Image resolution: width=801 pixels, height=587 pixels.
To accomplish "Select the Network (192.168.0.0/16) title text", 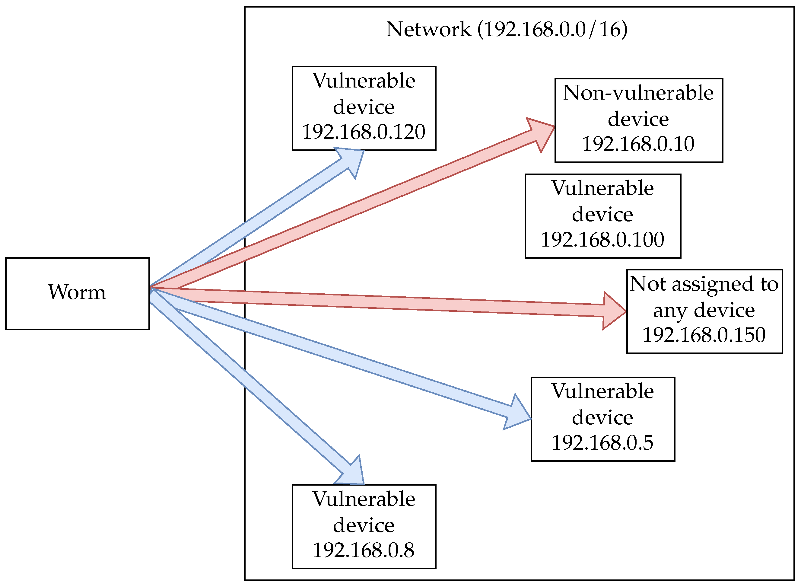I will point(507,29).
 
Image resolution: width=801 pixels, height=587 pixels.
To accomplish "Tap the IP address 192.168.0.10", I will point(638,144).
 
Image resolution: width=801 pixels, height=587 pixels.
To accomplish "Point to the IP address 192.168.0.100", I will point(602,240).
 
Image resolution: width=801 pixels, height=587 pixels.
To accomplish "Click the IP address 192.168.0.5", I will point(602,443).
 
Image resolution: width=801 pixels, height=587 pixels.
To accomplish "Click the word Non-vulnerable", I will point(638,93).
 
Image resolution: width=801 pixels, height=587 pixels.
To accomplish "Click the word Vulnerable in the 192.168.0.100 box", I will point(602,188).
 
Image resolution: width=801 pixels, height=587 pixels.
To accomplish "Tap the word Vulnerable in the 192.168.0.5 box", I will point(602,391).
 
